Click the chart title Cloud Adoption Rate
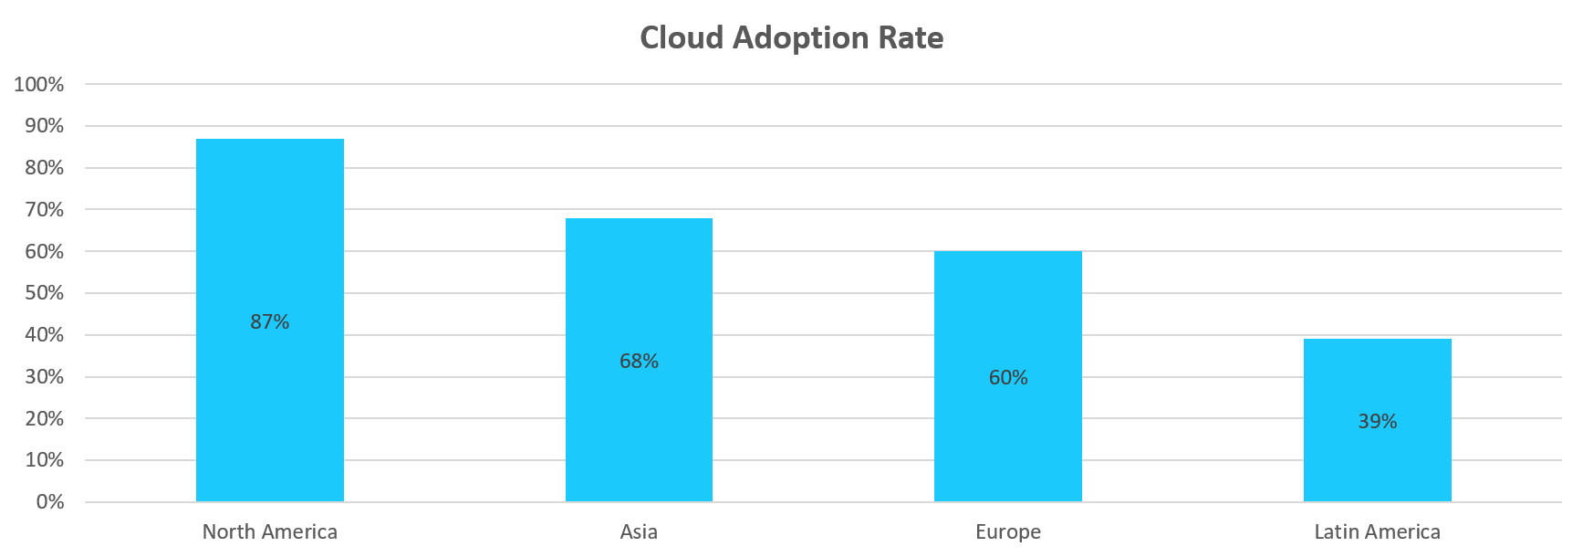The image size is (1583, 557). coord(791,38)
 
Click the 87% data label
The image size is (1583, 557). coord(270,321)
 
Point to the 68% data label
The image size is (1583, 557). coord(639,362)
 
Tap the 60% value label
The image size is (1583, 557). coord(1008,378)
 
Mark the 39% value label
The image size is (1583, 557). coord(1377,422)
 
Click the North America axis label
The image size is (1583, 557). coord(270,532)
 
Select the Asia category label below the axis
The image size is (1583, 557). coord(639,532)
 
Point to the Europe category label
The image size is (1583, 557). coord(1008,532)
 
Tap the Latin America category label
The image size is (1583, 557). coord(1377,532)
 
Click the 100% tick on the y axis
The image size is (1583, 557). coord(39,85)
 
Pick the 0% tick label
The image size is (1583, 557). coord(50,502)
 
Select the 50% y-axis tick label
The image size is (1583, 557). coord(45,293)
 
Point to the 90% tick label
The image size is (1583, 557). coord(45,126)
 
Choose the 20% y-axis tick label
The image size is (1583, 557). coord(45,419)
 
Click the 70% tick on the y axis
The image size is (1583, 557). coord(45,210)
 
